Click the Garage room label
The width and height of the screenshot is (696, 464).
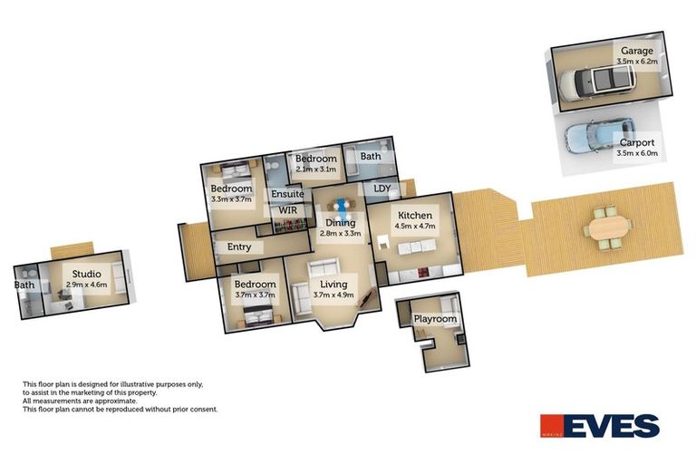pyautogui.click(x=638, y=51)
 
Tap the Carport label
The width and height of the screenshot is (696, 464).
pyautogui.click(x=637, y=142)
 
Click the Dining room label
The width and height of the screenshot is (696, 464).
pyautogui.click(x=341, y=222)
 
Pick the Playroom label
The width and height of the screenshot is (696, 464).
pyautogui.click(x=435, y=319)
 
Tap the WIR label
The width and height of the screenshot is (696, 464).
pyautogui.click(x=288, y=210)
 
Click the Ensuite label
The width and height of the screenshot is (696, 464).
pyautogui.click(x=287, y=193)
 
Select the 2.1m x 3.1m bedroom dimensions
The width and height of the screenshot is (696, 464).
pyautogui.click(x=317, y=169)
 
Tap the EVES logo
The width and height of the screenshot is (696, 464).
pyautogui.click(x=599, y=426)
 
